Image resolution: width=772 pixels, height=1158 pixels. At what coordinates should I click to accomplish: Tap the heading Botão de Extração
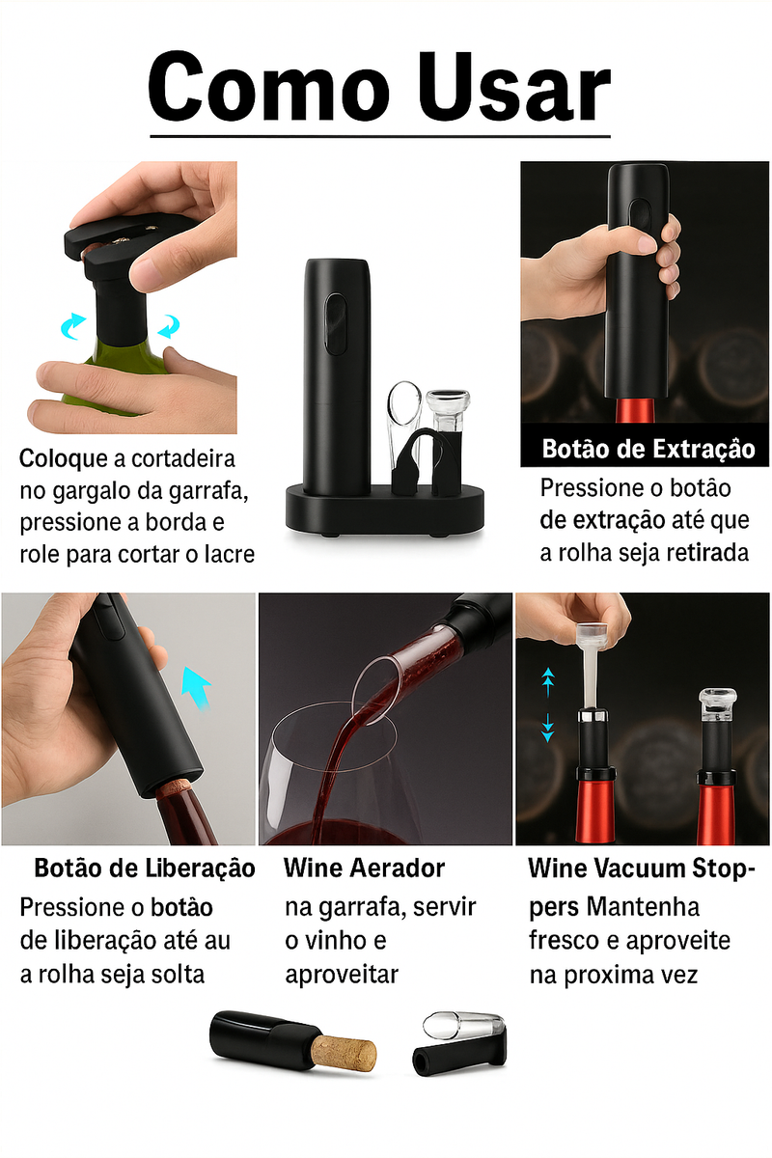[648, 449]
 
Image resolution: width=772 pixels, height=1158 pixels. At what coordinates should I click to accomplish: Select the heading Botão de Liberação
[145, 868]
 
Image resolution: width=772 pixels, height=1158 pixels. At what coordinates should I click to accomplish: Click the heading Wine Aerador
[364, 868]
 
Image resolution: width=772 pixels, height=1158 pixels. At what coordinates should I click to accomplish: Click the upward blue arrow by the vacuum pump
[547, 680]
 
